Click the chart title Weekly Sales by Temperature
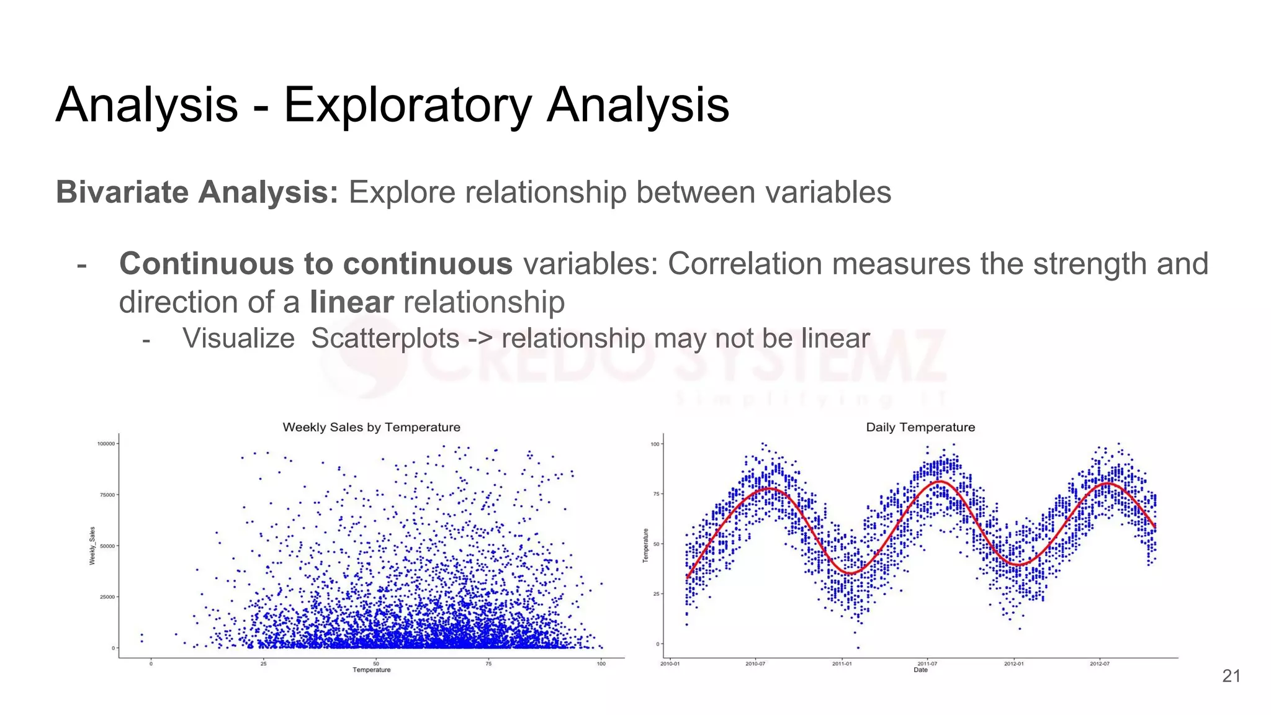(x=371, y=427)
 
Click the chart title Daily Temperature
(x=920, y=427)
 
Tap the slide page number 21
(x=1231, y=676)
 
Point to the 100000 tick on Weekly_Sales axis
(x=106, y=444)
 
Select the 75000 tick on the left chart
(x=107, y=495)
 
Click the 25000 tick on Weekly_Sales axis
(x=107, y=597)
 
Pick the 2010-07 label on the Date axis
(x=755, y=663)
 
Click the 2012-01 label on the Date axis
(x=1013, y=663)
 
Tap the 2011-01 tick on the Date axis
(x=842, y=663)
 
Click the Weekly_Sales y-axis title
(x=92, y=546)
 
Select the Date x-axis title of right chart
(x=920, y=670)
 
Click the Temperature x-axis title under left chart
(x=372, y=670)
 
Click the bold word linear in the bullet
(x=351, y=302)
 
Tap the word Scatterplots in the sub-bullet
(x=385, y=338)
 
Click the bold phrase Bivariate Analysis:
(x=197, y=192)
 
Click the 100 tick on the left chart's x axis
(x=601, y=663)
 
